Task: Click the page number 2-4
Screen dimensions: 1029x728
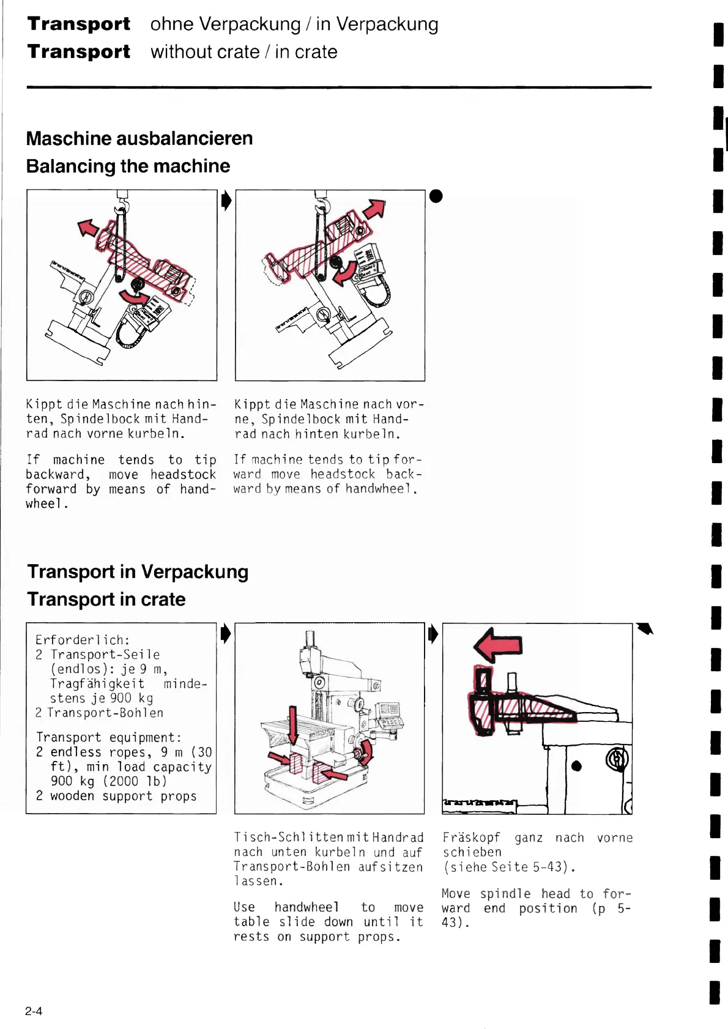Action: (34, 1011)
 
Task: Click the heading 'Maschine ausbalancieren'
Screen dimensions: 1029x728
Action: (139, 138)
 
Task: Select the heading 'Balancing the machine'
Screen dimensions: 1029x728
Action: (128, 166)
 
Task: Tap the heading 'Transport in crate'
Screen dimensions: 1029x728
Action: (106, 599)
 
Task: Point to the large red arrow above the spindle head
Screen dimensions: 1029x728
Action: (498, 645)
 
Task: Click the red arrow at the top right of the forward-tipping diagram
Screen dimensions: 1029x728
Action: (374, 209)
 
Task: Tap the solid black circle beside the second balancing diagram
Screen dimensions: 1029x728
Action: (436, 196)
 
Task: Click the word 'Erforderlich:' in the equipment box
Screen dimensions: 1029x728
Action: (83, 640)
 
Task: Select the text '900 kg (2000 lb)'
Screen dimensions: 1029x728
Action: (109, 781)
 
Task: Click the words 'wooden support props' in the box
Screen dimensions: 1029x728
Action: (124, 796)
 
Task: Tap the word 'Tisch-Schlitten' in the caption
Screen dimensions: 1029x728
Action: (281, 838)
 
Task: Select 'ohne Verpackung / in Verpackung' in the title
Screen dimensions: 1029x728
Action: (294, 24)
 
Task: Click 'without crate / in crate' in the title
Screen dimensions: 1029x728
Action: (244, 52)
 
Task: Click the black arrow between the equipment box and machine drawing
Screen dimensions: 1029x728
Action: (226, 633)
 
